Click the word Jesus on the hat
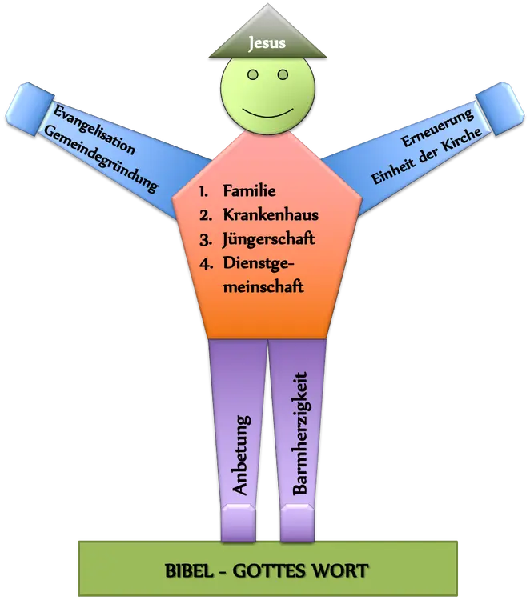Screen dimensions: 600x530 tap(267, 42)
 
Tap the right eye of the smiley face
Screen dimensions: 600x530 tap(282, 74)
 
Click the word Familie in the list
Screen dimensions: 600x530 tap(250, 191)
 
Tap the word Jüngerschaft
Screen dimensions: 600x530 tap(268, 238)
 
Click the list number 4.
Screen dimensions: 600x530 tap(205, 262)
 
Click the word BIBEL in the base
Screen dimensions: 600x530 tap(191, 570)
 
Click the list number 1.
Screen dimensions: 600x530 tap(204, 191)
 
